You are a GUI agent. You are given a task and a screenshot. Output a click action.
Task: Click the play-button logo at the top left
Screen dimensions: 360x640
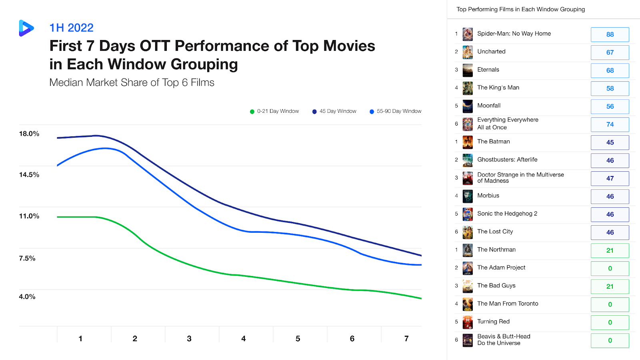(x=26, y=28)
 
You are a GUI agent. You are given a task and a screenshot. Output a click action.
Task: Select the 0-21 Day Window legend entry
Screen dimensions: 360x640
(x=274, y=111)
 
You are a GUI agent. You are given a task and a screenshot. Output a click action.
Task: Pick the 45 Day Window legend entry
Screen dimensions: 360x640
(x=334, y=111)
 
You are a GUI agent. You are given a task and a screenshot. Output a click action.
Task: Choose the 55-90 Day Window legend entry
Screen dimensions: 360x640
(x=396, y=111)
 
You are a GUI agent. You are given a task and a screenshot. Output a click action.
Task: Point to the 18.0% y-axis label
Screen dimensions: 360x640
(x=29, y=134)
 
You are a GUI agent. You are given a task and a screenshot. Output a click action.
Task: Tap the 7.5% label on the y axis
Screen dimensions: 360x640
(x=27, y=258)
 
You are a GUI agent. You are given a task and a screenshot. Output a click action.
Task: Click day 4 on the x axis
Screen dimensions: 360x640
(x=243, y=339)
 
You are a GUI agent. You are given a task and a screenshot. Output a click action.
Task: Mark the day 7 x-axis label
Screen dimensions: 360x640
(x=406, y=339)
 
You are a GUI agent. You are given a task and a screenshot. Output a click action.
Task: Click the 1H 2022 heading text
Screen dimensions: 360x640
(x=71, y=28)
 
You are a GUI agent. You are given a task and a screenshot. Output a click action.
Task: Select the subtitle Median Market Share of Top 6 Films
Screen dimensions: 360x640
(x=132, y=82)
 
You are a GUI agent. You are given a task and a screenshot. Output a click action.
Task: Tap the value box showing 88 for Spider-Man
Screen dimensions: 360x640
(x=610, y=34)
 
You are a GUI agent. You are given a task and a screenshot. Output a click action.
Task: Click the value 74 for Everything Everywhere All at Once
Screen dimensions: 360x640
(x=610, y=124)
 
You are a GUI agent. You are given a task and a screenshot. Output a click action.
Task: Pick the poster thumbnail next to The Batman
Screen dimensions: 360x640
(x=468, y=142)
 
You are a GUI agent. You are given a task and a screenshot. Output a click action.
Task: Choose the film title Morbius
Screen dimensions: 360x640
(x=488, y=196)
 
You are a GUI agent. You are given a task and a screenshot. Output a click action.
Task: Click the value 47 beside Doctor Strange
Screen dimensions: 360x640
(x=610, y=178)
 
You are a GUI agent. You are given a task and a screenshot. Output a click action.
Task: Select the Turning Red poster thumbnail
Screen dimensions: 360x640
(x=468, y=322)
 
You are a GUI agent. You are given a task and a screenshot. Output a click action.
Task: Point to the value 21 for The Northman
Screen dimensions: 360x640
(x=610, y=250)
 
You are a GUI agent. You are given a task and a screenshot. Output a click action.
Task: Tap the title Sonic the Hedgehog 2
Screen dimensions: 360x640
(x=507, y=214)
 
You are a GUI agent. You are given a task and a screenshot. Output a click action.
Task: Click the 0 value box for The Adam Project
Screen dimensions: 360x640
(x=610, y=268)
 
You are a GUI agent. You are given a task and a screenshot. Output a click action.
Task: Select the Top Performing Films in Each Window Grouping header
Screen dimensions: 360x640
(x=520, y=9)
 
